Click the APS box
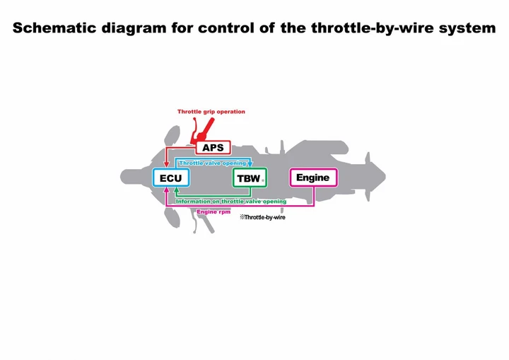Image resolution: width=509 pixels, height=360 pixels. [x=213, y=148]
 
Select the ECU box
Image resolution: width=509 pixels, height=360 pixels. [x=171, y=178]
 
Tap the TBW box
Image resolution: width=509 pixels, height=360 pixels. [x=250, y=178]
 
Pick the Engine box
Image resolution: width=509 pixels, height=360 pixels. [x=313, y=178]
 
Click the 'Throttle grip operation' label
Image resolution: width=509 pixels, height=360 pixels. [x=211, y=112]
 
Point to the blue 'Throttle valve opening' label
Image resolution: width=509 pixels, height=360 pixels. [x=213, y=163]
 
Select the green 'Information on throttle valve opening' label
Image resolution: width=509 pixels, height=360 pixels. [x=231, y=202]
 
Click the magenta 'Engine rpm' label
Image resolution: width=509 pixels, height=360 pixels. [x=213, y=212]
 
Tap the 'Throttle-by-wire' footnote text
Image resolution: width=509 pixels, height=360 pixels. [x=262, y=217]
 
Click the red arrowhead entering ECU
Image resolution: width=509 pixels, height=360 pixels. [x=167, y=165]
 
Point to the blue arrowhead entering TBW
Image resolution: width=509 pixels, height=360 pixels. [x=250, y=164]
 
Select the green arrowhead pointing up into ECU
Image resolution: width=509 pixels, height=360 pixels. [x=176, y=190]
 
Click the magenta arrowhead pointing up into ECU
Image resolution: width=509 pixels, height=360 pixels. [x=167, y=190]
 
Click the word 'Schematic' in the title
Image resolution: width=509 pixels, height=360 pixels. [x=54, y=28]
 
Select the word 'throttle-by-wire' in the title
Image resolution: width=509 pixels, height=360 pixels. [x=373, y=28]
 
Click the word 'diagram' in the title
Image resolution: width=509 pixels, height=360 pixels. [x=134, y=28]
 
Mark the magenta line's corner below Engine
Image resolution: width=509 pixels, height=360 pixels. [x=314, y=205]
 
